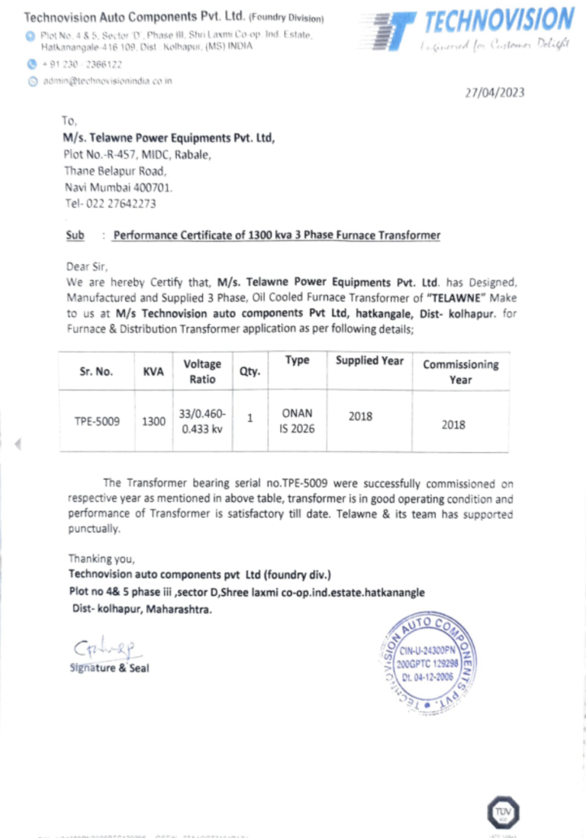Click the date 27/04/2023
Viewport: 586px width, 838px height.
coord(495,93)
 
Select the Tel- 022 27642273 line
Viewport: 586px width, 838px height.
coord(111,203)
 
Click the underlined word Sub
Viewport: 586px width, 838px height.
coord(75,235)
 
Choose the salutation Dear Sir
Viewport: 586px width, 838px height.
coord(88,267)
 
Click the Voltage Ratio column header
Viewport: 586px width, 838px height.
coord(202,372)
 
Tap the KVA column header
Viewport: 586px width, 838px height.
coord(153,372)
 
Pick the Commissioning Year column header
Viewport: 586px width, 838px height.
coord(460,372)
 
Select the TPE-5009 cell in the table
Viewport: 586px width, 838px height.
coord(96,421)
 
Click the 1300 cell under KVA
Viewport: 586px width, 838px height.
coord(153,421)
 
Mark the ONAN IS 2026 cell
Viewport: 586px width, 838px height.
coord(297,421)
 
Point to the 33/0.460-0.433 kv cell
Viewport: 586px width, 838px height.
coord(202,421)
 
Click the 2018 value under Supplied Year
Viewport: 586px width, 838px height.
coord(360,416)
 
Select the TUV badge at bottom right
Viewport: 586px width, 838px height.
coord(503,811)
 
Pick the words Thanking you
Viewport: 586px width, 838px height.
coord(101,558)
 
